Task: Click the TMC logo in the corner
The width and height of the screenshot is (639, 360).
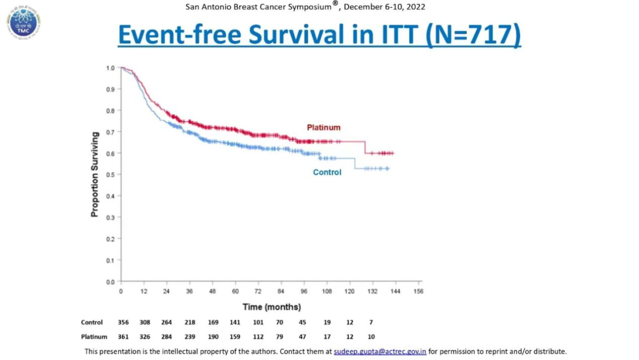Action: [x=24, y=22]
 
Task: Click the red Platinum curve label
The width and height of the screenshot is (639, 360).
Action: [x=323, y=127]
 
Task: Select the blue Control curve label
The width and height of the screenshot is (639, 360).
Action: [x=327, y=172]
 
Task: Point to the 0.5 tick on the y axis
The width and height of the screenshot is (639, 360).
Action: [x=111, y=175]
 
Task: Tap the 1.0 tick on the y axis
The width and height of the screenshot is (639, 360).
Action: [x=111, y=68]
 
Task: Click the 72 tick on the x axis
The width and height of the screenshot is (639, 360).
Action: [x=257, y=292]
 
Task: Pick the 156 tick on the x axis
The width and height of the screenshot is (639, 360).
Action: [x=418, y=292]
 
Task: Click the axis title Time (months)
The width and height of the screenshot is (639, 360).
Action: [x=272, y=307]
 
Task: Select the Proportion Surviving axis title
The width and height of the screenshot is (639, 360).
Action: [x=95, y=174]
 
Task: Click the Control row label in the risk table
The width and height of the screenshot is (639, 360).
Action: [x=92, y=323]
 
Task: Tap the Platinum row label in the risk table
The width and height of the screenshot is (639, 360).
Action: [x=94, y=337]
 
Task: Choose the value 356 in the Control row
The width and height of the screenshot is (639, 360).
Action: [x=123, y=323]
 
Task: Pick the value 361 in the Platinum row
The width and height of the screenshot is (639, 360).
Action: [x=123, y=337]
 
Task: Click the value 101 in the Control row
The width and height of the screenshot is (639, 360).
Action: [x=258, y=323]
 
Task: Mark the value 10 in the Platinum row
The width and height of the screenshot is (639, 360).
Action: [x=371, y=337]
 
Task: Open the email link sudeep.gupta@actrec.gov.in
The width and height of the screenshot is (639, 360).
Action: [x=380, y=352]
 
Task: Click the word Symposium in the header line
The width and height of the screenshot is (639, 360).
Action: [x=301, y=7]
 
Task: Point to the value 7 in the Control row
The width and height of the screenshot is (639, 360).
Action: [x=371, y=323]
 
